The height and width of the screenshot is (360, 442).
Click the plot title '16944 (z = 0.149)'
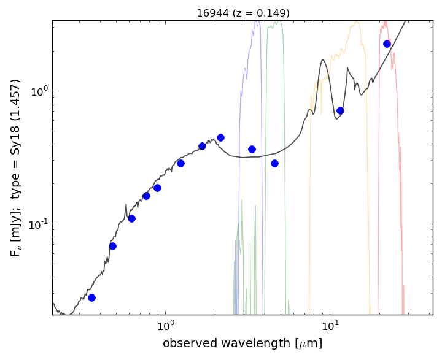[242, 13]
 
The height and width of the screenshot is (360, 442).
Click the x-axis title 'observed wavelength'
[242, 343]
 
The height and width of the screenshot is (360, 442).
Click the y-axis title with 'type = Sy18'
[16, 167]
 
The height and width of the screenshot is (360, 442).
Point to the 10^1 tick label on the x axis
[330, 325]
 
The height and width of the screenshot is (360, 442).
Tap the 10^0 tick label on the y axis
[39, 91]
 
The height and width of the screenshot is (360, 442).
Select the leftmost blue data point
[91, 297]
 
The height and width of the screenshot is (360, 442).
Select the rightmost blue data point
[387, 44]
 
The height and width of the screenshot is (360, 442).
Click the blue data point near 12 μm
[340, 110]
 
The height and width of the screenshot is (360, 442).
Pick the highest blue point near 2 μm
[220, 137]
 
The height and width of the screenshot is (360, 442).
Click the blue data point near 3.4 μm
[252, 149]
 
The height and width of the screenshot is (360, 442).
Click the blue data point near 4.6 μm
[274, 163]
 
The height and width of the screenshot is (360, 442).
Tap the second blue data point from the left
[112, 246]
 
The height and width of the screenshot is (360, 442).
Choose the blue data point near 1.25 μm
[180, 163]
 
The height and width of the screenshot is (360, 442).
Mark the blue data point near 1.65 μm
[202, 146]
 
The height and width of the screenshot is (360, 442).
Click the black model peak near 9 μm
[323, 60]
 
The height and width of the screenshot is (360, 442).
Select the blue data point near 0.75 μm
[146, 196]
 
